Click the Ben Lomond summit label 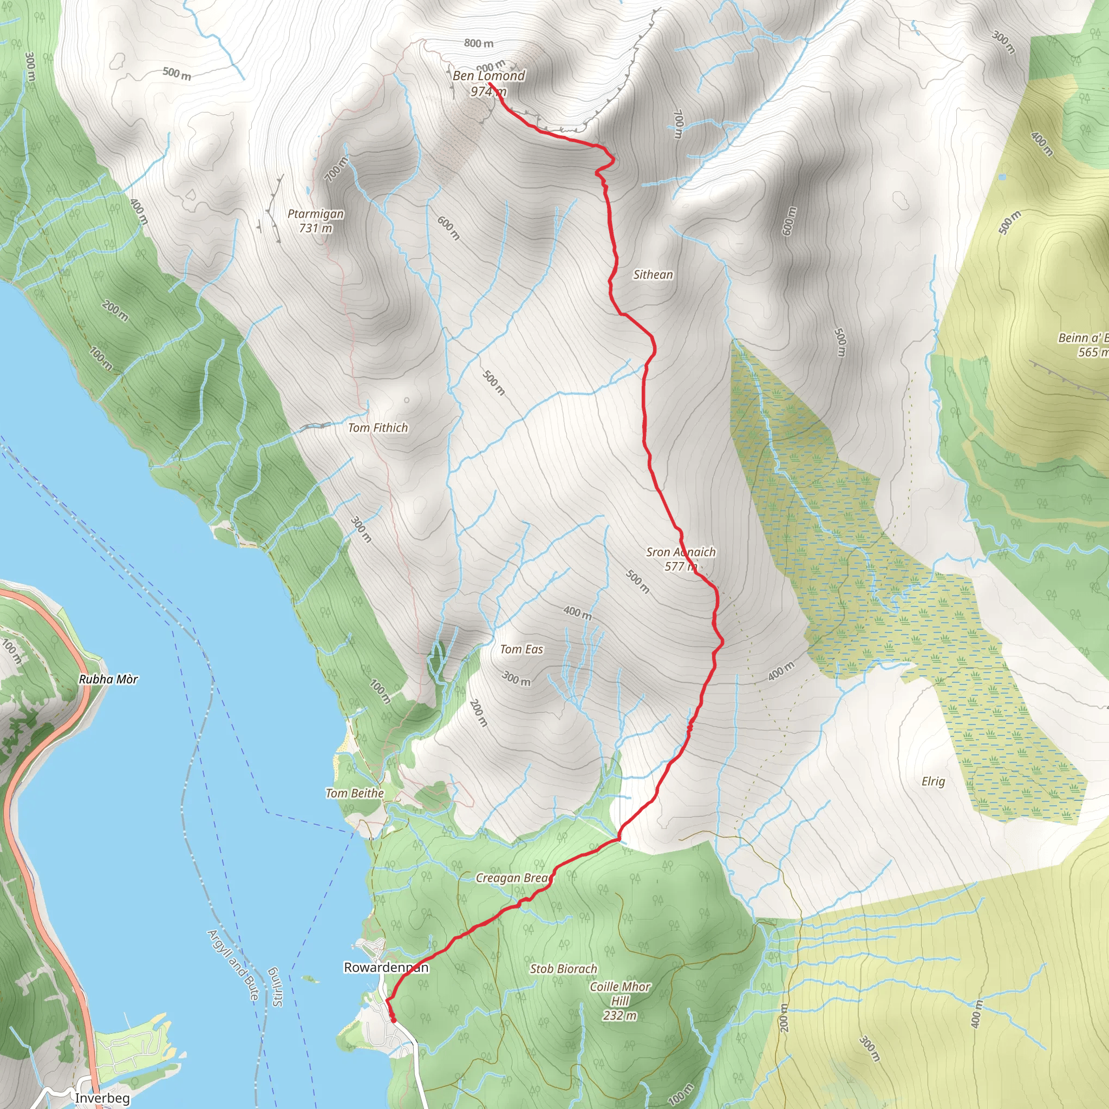488,83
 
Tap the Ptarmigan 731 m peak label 316,220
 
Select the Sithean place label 653,275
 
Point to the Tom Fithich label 378,428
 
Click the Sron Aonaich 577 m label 681,558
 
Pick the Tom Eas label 521,649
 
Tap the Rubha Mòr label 108,679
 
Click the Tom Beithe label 355,793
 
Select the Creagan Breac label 513,878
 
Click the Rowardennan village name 386,967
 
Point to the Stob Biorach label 563,968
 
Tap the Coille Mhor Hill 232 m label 620,1001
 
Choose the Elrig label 933,781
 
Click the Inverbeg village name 102,1098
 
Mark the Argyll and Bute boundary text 233,964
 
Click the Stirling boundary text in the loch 276,987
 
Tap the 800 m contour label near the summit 479,43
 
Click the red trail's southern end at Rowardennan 393,1020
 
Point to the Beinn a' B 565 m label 1082,344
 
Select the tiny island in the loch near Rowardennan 309,978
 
